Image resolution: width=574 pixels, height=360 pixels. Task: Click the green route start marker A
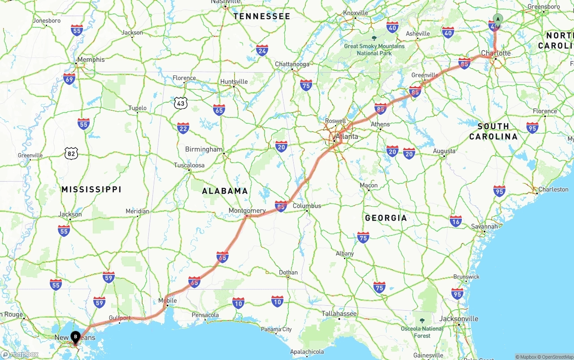pos(498,19)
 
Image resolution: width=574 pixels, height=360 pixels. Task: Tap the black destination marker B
pos(75,336)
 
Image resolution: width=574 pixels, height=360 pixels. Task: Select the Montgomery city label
pos(247,210)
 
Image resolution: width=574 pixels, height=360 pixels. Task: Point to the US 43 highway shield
pos(181,103)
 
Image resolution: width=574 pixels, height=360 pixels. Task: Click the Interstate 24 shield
pos(262,50)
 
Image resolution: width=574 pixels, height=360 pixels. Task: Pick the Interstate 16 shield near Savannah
pos(456,221)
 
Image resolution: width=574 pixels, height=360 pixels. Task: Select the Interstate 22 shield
pos(183,128)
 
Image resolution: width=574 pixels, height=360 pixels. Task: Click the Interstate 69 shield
pos(69,79)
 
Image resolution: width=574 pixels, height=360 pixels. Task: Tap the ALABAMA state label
pos(225,191)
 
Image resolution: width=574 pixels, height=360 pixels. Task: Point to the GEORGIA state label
pos(386,218)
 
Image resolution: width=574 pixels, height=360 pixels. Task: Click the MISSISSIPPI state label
pos(91,189)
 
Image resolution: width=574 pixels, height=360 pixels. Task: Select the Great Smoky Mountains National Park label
pos(374,49)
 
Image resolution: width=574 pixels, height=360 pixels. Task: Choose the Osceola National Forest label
pos(422,332)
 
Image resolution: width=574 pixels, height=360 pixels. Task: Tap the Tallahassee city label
pos(339,313)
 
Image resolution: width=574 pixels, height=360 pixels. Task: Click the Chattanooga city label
pos(292,64)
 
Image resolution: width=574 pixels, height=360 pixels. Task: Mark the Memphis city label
pos(91,59)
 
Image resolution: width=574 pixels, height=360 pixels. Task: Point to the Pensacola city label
pos(205,315)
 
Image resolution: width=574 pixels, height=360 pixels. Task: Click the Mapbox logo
pos(20,354)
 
